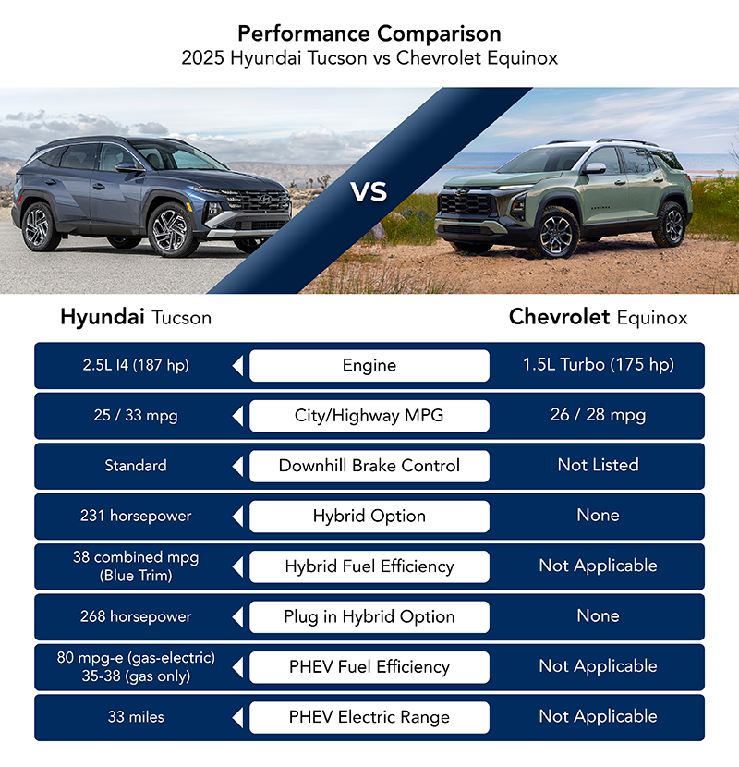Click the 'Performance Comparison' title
369,34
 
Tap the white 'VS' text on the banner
369,191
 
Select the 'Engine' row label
369,365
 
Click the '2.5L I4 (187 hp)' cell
136,365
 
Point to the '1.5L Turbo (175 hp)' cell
599,364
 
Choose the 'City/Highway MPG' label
369,415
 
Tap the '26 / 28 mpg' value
599,415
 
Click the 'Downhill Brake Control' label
369,466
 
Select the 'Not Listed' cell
599,465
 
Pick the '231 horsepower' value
136,516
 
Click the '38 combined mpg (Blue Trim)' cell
136,566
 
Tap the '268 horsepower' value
136,616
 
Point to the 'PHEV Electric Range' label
369,717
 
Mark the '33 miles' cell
136,717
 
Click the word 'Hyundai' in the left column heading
103,317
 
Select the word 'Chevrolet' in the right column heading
559,317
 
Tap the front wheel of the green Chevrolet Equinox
555,233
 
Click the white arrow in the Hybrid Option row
237,517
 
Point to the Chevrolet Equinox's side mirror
595,168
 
